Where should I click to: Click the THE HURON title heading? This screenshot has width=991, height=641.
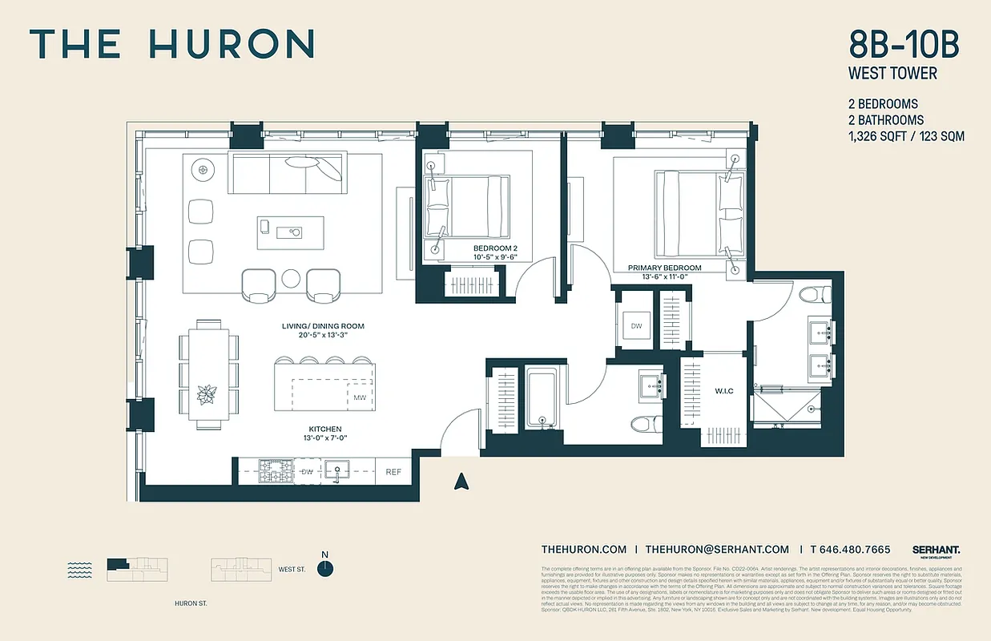tap(171, 44)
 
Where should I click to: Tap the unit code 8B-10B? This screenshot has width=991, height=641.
tap(904, 44)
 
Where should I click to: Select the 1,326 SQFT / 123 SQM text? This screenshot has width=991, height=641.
tap(906, 136)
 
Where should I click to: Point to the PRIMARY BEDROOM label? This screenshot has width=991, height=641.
tap(664, 268)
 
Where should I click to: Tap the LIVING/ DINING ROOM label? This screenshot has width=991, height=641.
tap(323, 326)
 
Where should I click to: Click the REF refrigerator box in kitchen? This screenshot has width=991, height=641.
tap(393, 472)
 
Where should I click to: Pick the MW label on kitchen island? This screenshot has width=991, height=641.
tap(359, 397)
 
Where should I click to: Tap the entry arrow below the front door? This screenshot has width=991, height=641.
tap(461, 481)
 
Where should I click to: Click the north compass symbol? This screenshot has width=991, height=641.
tap(324, 567)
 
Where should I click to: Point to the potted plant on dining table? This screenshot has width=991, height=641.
tap(207, 394)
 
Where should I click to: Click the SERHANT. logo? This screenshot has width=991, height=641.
tap(936, 550)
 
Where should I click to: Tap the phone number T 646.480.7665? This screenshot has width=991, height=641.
tap(850, 549)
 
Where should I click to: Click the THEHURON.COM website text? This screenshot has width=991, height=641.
tap(583, 549)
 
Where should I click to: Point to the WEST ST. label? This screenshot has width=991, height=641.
tap(292, 570)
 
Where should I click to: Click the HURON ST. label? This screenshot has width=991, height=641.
tap(191, 604)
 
